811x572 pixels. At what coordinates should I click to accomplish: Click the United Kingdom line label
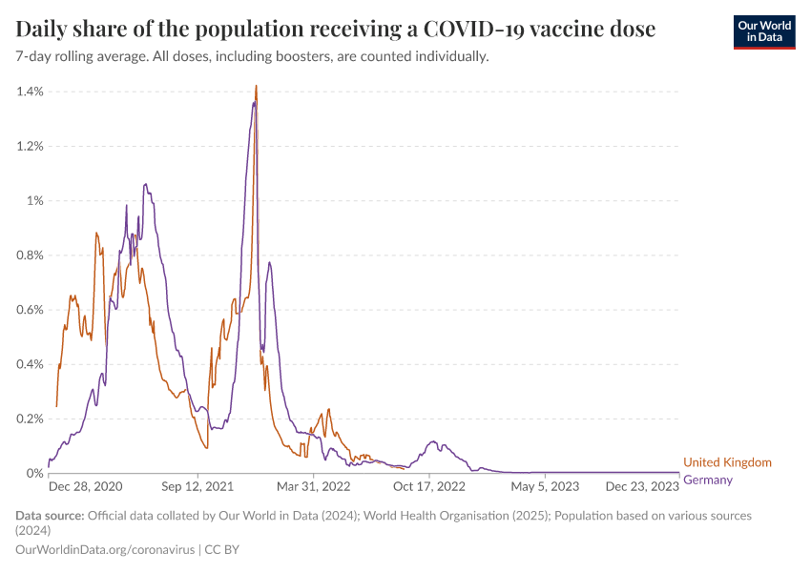[727, 462]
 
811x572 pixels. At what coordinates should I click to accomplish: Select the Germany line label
[708, 480]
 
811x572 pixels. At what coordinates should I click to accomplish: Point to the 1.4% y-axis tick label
[31, 92]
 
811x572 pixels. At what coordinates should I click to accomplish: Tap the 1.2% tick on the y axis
[31, 146]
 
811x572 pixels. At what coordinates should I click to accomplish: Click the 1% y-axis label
[35, 200]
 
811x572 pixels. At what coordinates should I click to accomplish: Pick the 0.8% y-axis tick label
[31, 255]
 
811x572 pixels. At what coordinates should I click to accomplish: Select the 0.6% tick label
[31, 310]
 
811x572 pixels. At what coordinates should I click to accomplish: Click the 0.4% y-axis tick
[31, 364]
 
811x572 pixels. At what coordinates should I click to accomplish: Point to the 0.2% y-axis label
[31, 419]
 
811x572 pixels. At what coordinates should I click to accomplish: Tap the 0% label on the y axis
[35, 473]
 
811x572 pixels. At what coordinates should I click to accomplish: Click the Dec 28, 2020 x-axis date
[86, 486]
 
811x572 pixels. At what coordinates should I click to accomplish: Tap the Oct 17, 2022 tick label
[429, 486]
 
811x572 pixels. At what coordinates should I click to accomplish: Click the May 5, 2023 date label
[546, 486]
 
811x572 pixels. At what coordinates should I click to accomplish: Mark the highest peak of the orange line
[257, 87]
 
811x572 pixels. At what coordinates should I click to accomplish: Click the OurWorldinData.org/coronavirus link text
[105, 550]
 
